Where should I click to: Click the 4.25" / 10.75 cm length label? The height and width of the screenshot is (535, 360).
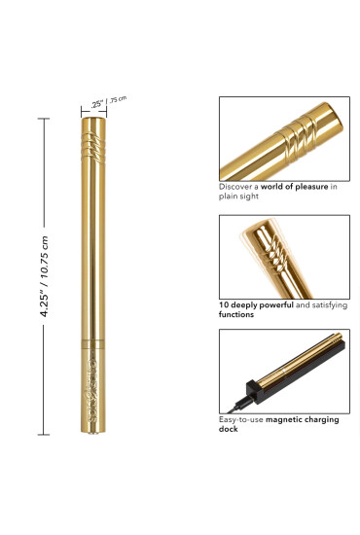tap(45, 276)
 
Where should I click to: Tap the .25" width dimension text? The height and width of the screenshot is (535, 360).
tap(97, 104)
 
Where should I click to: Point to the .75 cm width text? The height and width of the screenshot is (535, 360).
tap(119, 99)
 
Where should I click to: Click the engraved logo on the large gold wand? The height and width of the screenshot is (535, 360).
tap(93, 390)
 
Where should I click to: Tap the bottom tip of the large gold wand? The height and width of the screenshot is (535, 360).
tap(92, 432)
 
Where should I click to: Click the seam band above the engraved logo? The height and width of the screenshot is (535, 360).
tap(92, 344)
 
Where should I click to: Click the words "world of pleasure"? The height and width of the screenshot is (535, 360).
tap(294, 187)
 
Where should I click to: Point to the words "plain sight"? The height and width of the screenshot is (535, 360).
tap(238, 196)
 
